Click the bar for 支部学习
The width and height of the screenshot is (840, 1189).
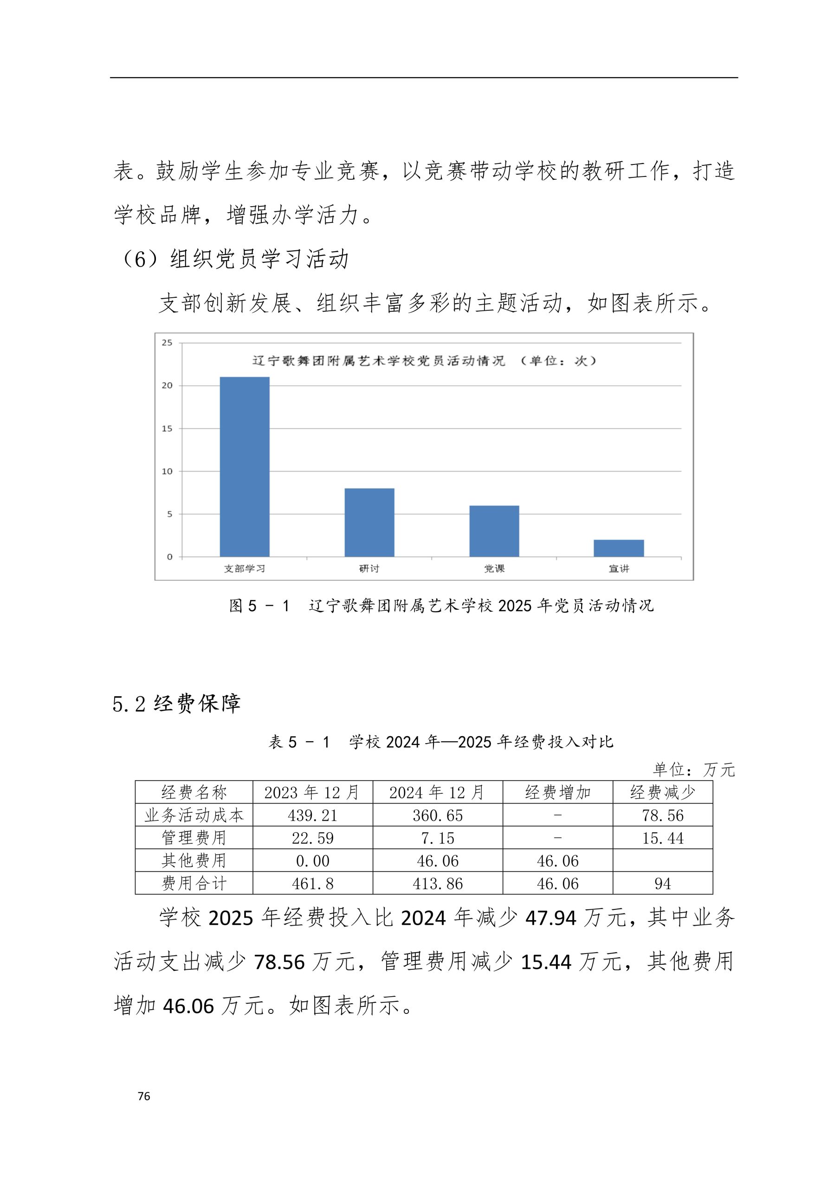click(x=244, y=467)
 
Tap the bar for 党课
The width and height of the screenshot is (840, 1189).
click(x=494, y=531)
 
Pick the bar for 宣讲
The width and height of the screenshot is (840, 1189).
click(x=619, y=548)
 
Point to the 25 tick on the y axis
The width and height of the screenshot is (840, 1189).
click(x=167, y=343)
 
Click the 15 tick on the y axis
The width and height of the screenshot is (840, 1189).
click(x=167, y=428)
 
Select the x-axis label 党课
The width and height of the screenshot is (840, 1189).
click(x=494, y=568)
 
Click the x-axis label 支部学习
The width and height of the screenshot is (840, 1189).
click(x=244, y=568)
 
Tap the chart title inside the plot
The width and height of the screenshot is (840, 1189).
click(x=424, y=361)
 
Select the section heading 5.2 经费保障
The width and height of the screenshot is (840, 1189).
click(x=176, y=704)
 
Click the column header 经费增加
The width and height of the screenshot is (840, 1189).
click(x=557, y=792)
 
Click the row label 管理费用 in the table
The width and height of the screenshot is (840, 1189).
click(x=194, y=837)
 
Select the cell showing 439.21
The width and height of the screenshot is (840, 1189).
click(x=313, y=816)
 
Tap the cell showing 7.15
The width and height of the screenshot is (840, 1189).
click(x=437, y=838)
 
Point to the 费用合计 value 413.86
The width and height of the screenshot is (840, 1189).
click(x=437, y=883)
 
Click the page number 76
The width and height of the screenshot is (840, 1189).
click(x=144, y=1096)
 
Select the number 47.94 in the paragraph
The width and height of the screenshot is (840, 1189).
click(x=551, y=918)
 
